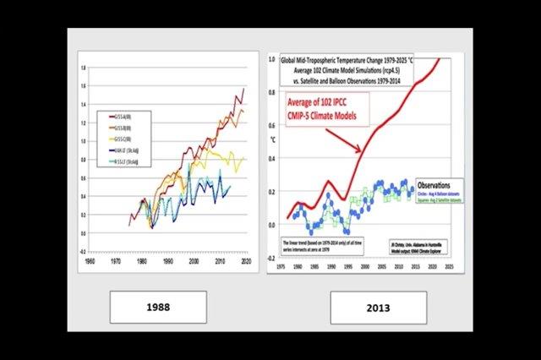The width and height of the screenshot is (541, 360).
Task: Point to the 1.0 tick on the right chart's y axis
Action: click(273, 62)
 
